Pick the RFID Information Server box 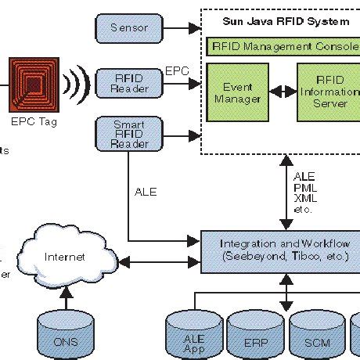coord(329,93)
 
